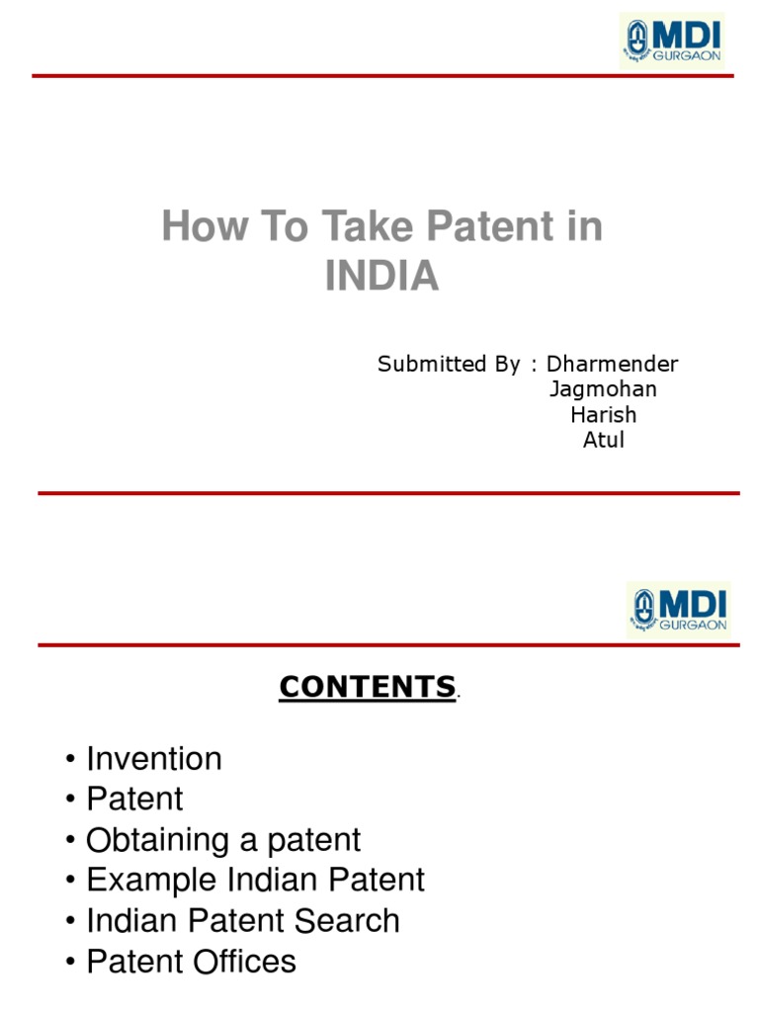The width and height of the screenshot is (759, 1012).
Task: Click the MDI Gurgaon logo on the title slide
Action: tap(672, 41)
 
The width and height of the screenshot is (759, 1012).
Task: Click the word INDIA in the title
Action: tap(381, 276)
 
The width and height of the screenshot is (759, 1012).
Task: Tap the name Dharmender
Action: tap(613, 364)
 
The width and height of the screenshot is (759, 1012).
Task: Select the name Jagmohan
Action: tap(603, 389)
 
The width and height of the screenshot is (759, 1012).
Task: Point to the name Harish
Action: tap(603, 414)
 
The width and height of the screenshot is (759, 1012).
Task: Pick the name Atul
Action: tap(603, 440)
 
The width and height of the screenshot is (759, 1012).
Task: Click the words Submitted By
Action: tap(448, 364)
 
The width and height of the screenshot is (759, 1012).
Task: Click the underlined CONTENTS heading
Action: tap(367, 687)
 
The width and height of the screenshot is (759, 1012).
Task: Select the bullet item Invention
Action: tap(154, 759)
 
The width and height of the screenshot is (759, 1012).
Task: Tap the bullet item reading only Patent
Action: tap(134, 799)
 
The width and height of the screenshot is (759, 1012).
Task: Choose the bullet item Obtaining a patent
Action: tap(223, 840)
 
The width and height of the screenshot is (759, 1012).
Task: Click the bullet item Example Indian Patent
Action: tap(255, 880)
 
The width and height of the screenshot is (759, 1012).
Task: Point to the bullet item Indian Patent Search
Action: tap(243, 920)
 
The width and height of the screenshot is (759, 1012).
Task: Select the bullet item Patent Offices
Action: tap(191, 961)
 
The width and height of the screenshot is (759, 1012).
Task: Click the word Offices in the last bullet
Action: tap(240, 961)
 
